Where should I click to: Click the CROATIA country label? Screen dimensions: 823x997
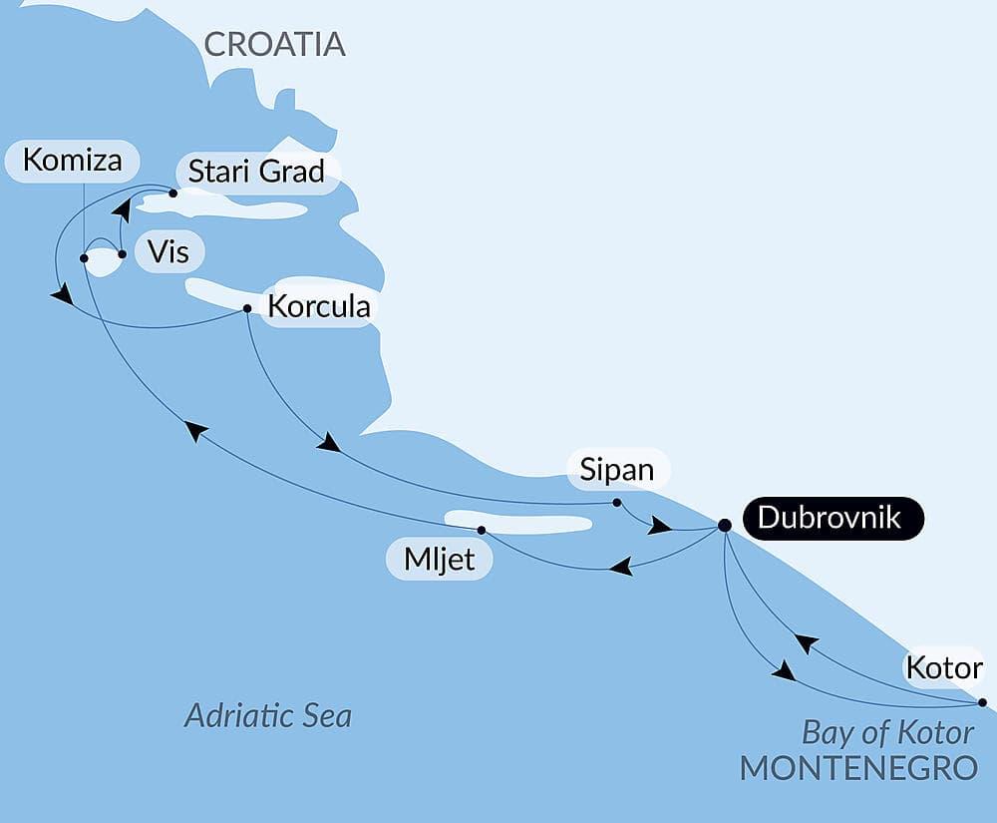(274, 44)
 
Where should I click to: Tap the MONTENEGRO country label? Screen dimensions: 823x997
(858, 768)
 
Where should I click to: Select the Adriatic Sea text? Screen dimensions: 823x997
(268, 716)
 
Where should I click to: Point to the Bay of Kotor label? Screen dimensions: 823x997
(887, 733)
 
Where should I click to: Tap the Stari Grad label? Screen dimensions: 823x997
(256, 172)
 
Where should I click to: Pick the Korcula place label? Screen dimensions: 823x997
(320, 305)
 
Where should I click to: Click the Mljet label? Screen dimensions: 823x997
(439, 561)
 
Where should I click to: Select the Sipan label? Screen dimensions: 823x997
(617, 469)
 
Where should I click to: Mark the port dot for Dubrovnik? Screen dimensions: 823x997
(725, 525)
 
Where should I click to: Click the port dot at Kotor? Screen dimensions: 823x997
(982, 702)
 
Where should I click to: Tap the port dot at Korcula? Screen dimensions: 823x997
(247, 308)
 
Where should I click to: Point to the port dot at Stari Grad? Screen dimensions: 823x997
(172, 194)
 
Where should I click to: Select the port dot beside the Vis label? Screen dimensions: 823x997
(122, 254)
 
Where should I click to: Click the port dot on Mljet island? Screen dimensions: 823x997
(482, 530)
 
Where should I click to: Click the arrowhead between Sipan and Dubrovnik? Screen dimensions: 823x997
(659, 526)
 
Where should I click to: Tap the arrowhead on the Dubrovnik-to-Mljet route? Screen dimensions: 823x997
(620, 568)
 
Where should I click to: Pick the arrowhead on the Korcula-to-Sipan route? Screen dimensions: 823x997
(328, 443)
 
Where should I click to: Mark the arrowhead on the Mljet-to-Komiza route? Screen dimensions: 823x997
(196, 430)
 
